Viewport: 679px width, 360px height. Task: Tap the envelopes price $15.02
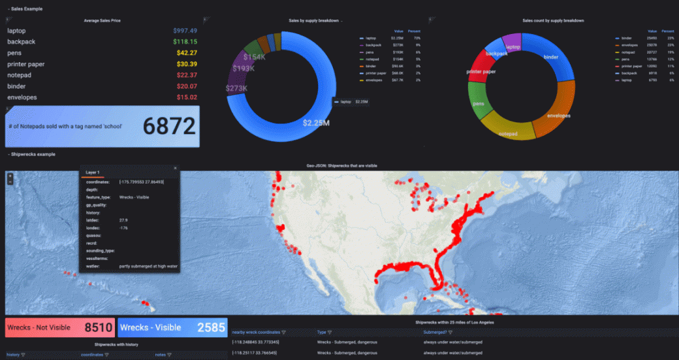(x=187, y=97)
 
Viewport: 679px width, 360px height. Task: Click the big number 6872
(x=169, y=126)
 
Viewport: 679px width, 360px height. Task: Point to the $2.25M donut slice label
(x=316, y=122)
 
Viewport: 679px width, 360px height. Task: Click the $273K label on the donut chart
(x=236, y=88)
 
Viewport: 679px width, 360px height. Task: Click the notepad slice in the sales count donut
(x=507, y=133)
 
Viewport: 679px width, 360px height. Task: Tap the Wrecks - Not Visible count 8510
(x=98, y=327)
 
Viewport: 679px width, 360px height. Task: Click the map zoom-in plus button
(x=10, y=176)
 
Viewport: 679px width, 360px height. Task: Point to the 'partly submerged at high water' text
(x=148, y=267)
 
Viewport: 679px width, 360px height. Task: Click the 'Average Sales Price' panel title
(x=102, y=21)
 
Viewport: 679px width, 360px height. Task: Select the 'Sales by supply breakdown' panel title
(x=313, y=21)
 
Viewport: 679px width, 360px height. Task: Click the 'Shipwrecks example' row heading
(x=33, y=154)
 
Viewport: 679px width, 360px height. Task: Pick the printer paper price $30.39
(x=187, y=64)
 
